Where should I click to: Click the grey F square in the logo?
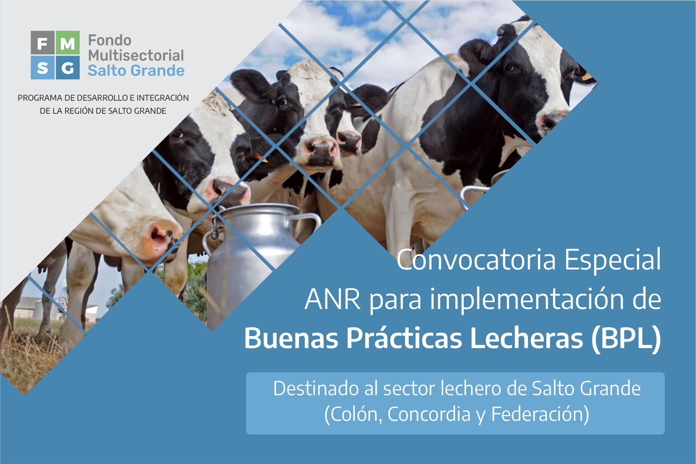point(42,43)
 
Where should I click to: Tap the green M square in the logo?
point(68,43)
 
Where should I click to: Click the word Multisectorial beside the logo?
point(136,55)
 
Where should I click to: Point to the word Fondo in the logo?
point(109,40)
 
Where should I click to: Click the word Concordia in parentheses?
point(429,414)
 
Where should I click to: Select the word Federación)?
point(540,414)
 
